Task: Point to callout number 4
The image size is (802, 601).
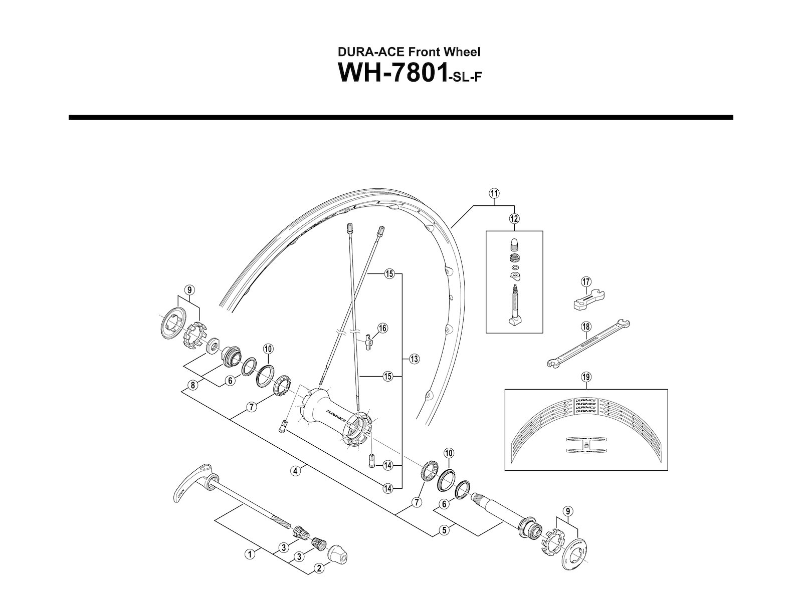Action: pyautogui.click(x=296, y=470)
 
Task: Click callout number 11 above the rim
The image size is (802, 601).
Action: pyautogui.click(x=495, y=193)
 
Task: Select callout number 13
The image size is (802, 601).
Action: pyautogui.click(x=414, y=359)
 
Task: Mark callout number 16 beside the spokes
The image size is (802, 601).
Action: pyautogui.click(x=383, y=329)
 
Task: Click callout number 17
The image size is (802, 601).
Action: pyautogui.click(x=585, y=282)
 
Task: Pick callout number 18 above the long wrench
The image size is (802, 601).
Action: pyautogui.click(x=585, y=327)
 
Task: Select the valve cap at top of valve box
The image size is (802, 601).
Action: pyautogui.click(x=514, y=244)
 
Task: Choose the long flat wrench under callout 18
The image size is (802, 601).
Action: pyautogui.click(x=587, y=345)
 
